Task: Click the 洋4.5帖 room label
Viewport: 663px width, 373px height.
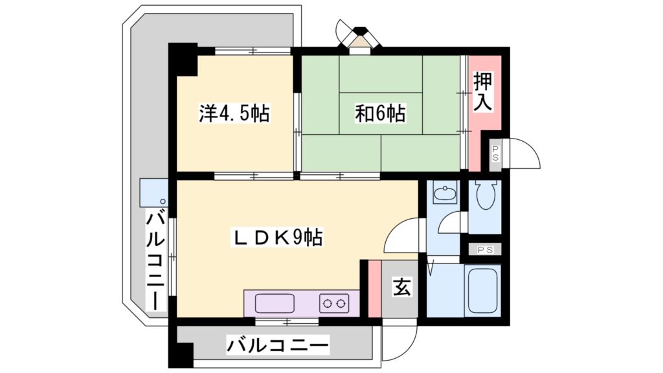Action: point(234,114)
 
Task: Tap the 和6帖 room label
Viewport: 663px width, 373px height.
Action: point(379,114)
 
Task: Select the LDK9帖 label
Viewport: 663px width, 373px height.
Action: point(278,238)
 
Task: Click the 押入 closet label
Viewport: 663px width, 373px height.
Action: point(482,91)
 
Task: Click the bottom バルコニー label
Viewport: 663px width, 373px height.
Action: point(277,345)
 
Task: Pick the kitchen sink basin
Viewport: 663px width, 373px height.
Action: point(275,302)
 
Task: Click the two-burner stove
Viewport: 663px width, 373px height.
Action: point(334,302)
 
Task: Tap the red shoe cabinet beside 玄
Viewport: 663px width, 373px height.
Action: point(374,289)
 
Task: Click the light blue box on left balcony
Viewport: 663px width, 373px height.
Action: point(153,192)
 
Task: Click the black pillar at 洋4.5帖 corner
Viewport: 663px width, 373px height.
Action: point(184,59)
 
